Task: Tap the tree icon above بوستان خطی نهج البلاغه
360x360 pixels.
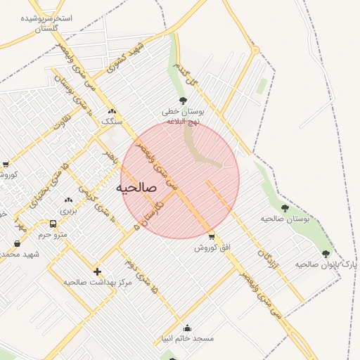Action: [x=184, y=101]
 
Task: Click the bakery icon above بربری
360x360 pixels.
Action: [x=68, y=200]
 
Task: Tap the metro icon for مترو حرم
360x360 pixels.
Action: [x=53, y=224]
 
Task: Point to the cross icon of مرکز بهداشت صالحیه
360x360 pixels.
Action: [x=97, y=271]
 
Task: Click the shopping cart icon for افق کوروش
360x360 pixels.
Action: [x=212, y=236]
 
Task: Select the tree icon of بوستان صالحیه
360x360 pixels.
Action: [x=285, y=208]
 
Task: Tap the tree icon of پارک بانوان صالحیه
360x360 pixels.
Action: [x=326, y=254]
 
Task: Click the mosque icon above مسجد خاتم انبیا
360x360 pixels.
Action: [x=187, y=328]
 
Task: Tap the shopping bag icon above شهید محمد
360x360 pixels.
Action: [x=17, y=243]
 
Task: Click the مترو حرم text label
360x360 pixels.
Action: [x=53, y=235]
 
